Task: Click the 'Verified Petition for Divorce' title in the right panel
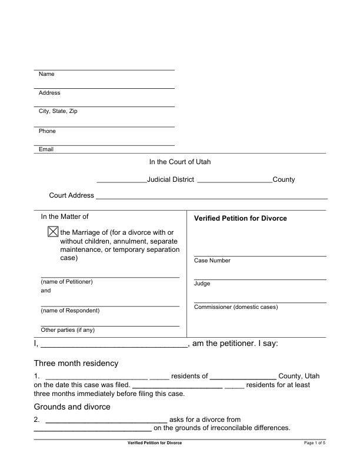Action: click(x=240, y=218)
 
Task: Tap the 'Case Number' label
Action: click(x=212, y=261)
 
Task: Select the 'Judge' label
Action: click(x=202, y=284)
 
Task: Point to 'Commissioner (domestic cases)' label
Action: click(x=235, y=307)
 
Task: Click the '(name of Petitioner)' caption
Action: click(x=66, y=281)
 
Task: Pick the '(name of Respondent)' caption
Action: click(x=70, y=310)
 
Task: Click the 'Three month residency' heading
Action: click(x=76, y=363)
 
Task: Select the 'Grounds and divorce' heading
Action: click(x=72, y=407)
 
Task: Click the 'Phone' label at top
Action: click(x=47, y=131)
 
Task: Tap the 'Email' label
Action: click(x=46, y=149)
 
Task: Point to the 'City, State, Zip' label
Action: click(x=58, y=111)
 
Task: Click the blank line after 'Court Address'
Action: click(x=212, y=195)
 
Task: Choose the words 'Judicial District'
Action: click(x=171, y=179)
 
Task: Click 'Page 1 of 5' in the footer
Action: click(x=315, y=442)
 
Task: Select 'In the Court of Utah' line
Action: click(x=184, y=161)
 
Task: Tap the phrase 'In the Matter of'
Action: click(x=64, y=217)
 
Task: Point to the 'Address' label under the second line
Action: click(x=49, y=93)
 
